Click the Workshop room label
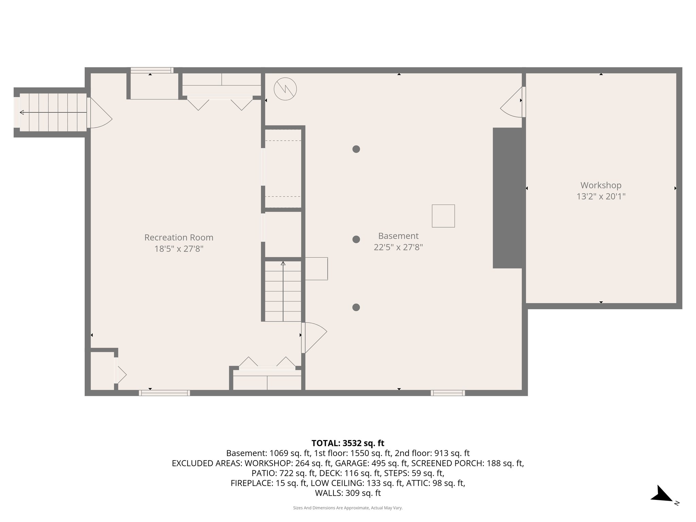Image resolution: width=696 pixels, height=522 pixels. coord(601,185)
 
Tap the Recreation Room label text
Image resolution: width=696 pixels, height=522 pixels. coord(179,238)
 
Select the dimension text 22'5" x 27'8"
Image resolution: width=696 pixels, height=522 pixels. coord(398,247)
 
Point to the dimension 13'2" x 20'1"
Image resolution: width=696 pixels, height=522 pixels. coord(601,196)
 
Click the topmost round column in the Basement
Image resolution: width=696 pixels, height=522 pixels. coord(356,149)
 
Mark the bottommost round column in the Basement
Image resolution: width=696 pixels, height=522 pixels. coord(356,307)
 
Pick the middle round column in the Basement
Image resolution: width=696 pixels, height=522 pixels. coord(356,239)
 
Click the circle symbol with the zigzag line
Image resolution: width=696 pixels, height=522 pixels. coord(285,89)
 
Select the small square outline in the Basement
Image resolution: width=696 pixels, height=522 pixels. coord(443,216)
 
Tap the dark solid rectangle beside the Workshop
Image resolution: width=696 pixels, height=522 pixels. coord(507,198)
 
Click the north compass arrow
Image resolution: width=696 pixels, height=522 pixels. coord(661,494)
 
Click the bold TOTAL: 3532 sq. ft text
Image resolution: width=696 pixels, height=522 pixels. coord(348,443)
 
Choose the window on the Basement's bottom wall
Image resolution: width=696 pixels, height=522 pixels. coord(448,393)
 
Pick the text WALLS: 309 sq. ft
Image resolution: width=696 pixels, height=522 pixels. coord(348,493)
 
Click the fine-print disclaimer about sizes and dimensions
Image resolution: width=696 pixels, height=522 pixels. coord(348,508)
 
